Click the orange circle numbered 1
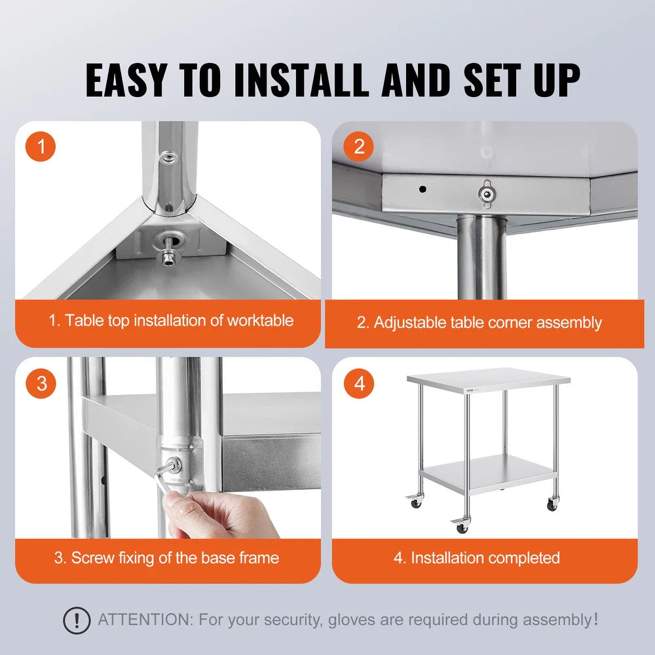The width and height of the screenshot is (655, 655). [42, 147]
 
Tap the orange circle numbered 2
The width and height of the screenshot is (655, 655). [359, 147]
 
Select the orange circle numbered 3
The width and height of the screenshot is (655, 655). [42, 383]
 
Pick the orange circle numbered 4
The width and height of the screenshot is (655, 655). [359, 383]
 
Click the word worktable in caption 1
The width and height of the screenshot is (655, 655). [260, 320]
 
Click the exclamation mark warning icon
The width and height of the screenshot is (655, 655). [77, 620]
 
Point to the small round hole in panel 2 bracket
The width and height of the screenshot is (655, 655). [422, 190]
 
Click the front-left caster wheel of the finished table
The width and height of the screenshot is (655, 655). [462, 527]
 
